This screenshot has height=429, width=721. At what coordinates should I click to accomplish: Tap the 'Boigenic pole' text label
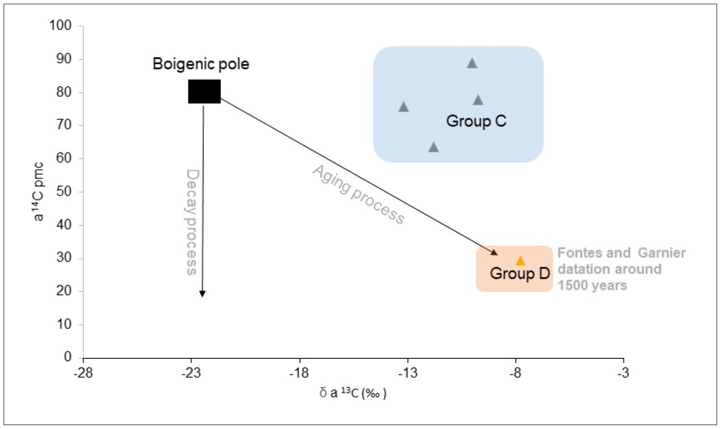[x=201, y=64]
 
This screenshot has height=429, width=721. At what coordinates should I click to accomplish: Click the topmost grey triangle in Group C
[x=472, y=64]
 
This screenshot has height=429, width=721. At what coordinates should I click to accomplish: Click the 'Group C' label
[x=476, y=121]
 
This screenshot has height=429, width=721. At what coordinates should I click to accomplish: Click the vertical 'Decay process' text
[x=192, y=222]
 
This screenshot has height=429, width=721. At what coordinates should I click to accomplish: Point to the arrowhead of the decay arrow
[x=202, y=294]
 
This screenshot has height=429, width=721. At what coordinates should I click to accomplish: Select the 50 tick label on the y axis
[x=64, y=192]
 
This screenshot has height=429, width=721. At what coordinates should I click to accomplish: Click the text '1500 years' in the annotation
[x=592, y=286]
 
